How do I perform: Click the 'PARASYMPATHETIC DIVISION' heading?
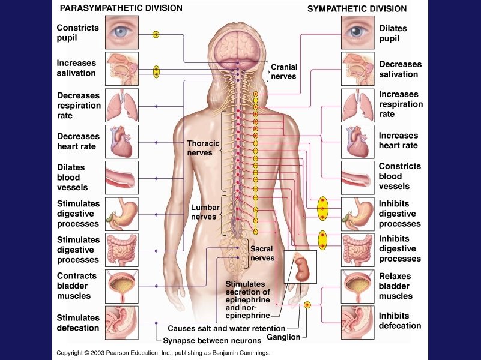click(x=119, y=8)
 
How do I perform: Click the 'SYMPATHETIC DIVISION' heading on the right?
click(x=357, y=9)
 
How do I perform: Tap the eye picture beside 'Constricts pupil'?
click(x=122, y=32)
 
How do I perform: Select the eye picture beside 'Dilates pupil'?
click(x=357, y=32)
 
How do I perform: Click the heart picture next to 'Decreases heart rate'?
click(x=122, y=142)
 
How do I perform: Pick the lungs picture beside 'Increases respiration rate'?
click(x=357, y=105)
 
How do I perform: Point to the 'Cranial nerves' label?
click(x=283, y=72)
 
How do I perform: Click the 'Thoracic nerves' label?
click(x=199, y=148)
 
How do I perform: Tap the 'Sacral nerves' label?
click(x=262, y=253)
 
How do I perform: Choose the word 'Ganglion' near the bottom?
click(x=284, y=337)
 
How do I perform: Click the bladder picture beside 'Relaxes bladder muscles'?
click(x=357, y=286)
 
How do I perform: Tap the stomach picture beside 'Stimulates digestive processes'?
click(x=122, y=214)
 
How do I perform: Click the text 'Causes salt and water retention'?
click(x=226, y=329)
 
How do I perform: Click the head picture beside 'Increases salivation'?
click(x=122, y=68)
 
